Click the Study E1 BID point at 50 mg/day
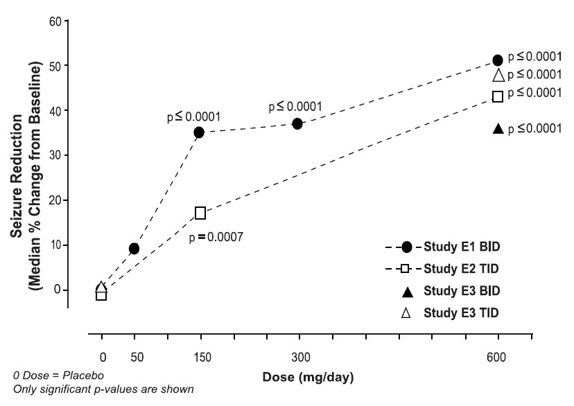click(134, 249)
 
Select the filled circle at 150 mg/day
click(200, 132)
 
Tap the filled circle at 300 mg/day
click(297, 123)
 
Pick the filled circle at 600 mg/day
click(497, 60)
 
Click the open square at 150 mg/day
click(200, 213)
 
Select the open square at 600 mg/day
click(497, 96)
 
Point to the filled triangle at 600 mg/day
click(497, 128)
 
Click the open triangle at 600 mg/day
click(497, 76)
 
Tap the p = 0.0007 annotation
click(218, 237)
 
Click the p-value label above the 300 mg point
click(296, 107)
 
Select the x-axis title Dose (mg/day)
click(308, 378)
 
